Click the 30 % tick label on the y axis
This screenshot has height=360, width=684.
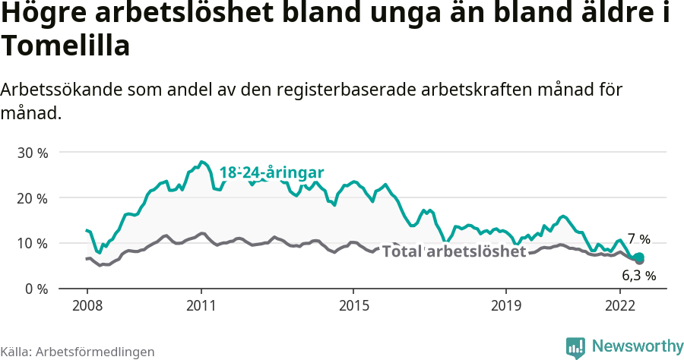[33, 153]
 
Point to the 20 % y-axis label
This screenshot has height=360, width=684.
[33, 198]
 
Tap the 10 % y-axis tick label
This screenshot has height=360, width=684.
[33, 244]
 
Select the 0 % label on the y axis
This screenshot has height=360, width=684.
[36, 289]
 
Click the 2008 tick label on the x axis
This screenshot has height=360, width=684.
[87, 306]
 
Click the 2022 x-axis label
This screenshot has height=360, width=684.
[620, 306]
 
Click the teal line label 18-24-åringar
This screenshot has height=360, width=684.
[272, 172]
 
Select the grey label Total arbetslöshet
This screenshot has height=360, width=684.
[454, 251]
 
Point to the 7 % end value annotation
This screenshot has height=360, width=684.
[638, 239]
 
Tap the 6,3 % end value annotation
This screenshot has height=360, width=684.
[638, 275]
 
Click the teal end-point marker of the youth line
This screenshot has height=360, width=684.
[640, 257]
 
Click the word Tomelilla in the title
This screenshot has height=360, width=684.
[65, 46]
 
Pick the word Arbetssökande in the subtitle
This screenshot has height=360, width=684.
[59, 90]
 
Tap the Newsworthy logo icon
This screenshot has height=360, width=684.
[575, 347]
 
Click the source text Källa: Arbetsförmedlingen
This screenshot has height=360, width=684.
[78, 352]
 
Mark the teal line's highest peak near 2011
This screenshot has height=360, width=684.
[201, 162]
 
